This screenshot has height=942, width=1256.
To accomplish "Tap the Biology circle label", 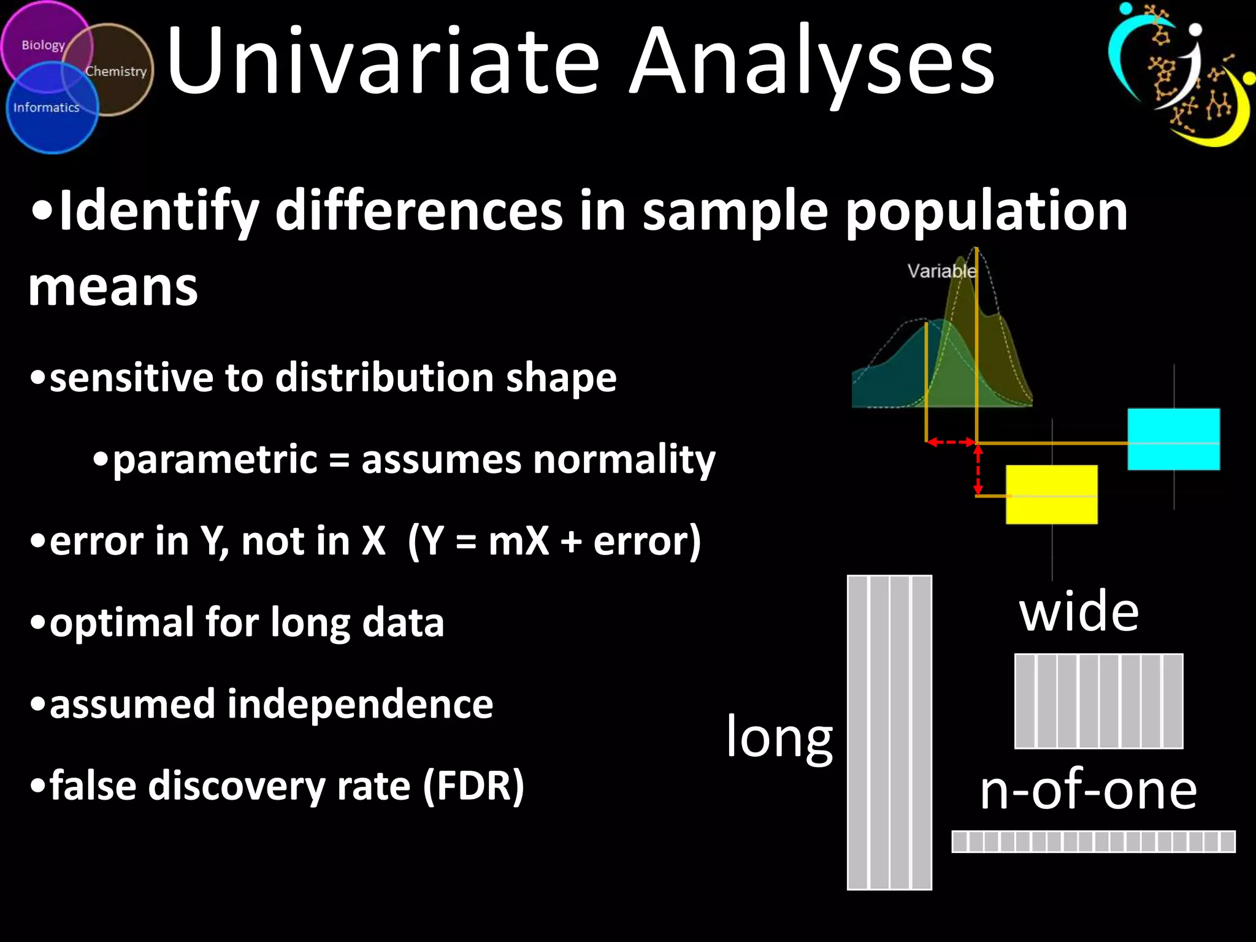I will pyautogui.click(x=43, y=45).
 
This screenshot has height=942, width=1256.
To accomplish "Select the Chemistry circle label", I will pyautogui.click(x=116, y=71).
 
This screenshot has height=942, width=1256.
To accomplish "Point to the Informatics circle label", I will pyautogui.click(x=47, y=108).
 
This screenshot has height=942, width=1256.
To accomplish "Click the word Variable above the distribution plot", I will pyautogui.click(x=941, y=271).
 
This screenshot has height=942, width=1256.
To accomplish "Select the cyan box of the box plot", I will pyautogui.click(x=1174, y=439).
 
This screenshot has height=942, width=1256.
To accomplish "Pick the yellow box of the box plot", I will pyautogui.click(x=1052, y=494).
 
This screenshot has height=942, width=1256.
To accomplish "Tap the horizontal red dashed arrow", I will pyautogui.click(x=951, y=442).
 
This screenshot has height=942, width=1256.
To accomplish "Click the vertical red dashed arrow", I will pyautogui.click(x=978, y=470).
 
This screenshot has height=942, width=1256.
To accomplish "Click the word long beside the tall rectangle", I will pyautogui.click(x=779, y=738).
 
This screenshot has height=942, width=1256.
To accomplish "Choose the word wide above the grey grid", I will pyautogui.click(x=1079, y=611).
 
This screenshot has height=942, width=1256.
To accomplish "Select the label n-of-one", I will pyautogui.click(x=1088, y=790).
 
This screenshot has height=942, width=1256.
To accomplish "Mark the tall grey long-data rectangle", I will pyautogui.click(x=889, y=732).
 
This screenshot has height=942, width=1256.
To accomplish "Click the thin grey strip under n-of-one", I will pyautogui.click(x=1093, y=841).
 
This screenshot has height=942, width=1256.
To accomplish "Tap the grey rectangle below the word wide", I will pyautogui.click(x=1098, y=701).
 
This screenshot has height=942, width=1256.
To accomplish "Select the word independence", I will pyautogui.click(x=360, y=704).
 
